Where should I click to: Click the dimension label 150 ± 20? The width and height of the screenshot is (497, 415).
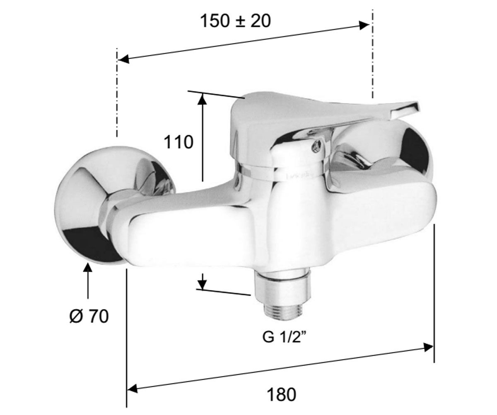(x=235, y=21)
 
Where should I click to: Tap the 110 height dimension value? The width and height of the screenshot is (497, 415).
(x=179, y=142)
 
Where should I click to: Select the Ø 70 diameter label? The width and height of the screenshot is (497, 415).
(x=89, y=317)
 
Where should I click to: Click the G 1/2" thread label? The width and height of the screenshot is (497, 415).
(x=284, y=337)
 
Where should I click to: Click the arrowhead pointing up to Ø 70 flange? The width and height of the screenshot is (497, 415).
(x=88, y=269)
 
